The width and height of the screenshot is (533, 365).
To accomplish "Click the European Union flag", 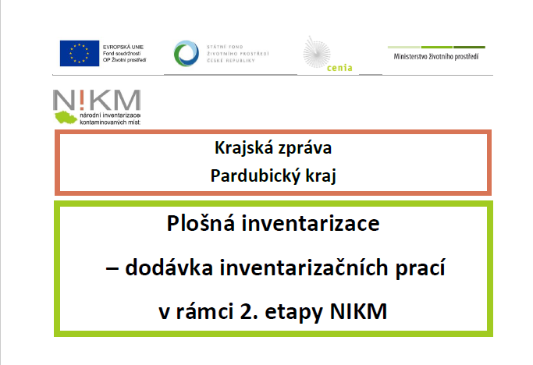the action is tap(80, 53).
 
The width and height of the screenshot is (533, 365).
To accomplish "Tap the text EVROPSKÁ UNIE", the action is tap(123, 47).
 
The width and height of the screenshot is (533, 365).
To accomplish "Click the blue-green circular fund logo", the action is tap(187, 53).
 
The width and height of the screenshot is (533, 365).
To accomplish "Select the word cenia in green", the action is tap(339, 68).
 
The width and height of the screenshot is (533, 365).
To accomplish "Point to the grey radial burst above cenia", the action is tap(317, 53).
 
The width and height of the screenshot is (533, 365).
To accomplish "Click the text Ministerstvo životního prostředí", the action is tap(436, 56).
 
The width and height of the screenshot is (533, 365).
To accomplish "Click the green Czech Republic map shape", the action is tap(66, 117).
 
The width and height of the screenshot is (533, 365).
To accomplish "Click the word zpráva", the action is tap(304, 149).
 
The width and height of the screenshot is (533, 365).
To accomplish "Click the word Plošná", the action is tap(201, 223).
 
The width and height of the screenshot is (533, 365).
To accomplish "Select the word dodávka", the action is tap(169, 268).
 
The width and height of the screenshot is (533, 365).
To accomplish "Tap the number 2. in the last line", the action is tap(249, 311).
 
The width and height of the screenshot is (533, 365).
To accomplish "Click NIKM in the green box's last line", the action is tap(358, 311).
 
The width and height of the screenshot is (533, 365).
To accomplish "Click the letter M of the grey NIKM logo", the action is tap(126, 100).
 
